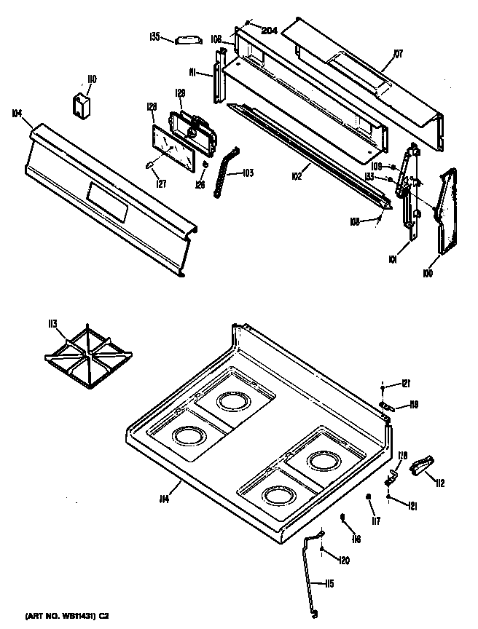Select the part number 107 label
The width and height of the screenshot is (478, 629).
[x=398, y=52]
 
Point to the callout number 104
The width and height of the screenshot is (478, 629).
[x=17, y=113]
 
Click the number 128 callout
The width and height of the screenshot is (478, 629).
[x=152, y=107]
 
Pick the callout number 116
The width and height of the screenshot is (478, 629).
[x=356, y=539]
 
